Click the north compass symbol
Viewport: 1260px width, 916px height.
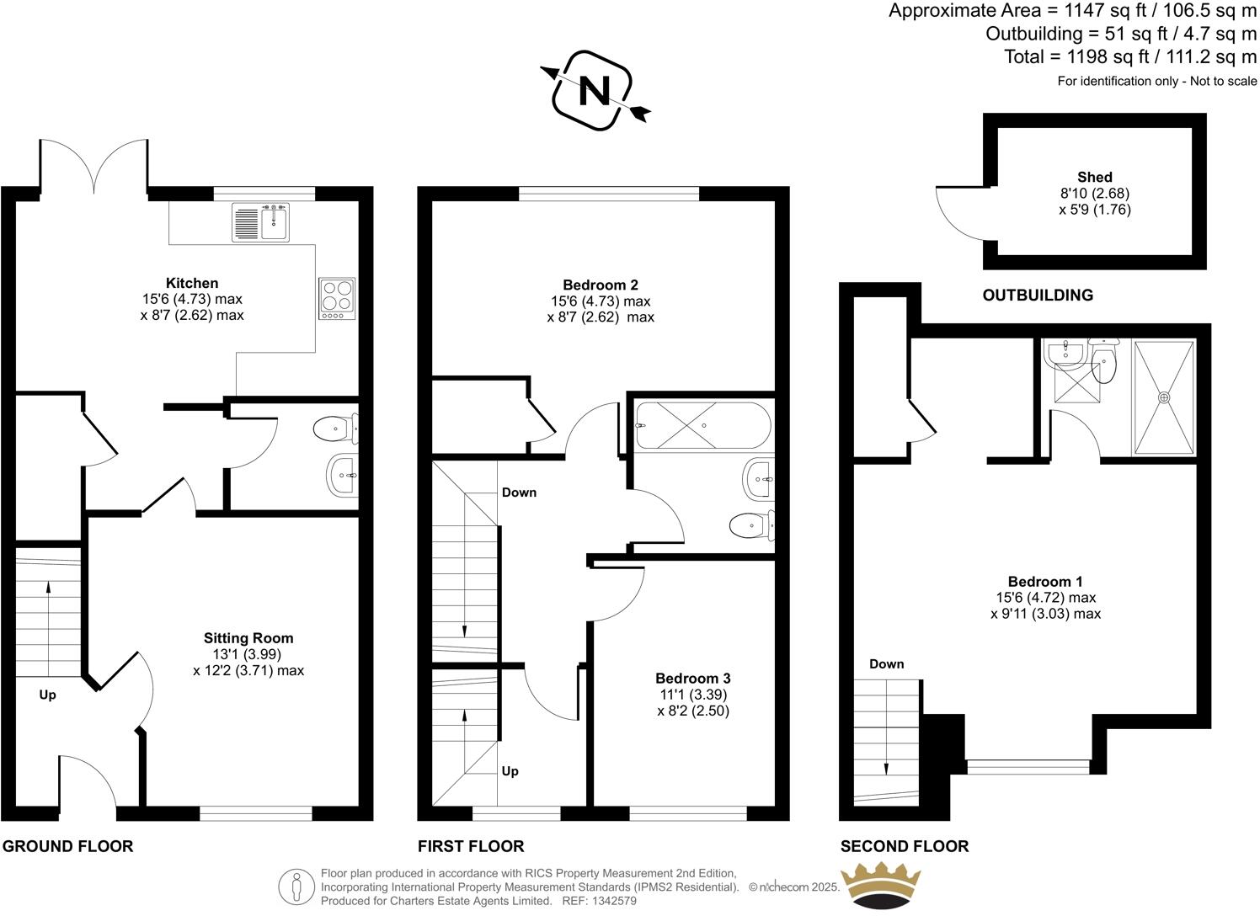[x=595, y=90]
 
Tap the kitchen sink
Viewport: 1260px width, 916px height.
[x=260, y=221]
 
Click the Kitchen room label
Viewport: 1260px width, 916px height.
[x=192, y=284]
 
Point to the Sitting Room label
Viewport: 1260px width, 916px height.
[x=248, y=638]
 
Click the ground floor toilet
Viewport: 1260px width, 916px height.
[x=334, y=430]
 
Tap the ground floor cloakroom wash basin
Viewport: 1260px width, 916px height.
[x=342, y=476]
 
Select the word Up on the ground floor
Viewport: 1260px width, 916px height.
[x=48, y=695]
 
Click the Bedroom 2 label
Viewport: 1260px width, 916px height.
[x=600, y=285]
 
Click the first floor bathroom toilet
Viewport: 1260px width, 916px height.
[x=751, y=526]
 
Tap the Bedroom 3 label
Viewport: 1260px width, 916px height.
[x=692, y=679]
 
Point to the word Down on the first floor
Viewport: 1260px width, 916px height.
[x=519, y=493]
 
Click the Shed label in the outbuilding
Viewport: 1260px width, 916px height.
[x=1094, y=177]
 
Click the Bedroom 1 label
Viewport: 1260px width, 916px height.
[x=1045, y=582]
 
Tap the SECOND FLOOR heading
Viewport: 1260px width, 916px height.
[x=904, y=846]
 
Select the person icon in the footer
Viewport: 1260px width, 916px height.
[x=296, y=887]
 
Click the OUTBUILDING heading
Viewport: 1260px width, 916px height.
[x=1038, y=296]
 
